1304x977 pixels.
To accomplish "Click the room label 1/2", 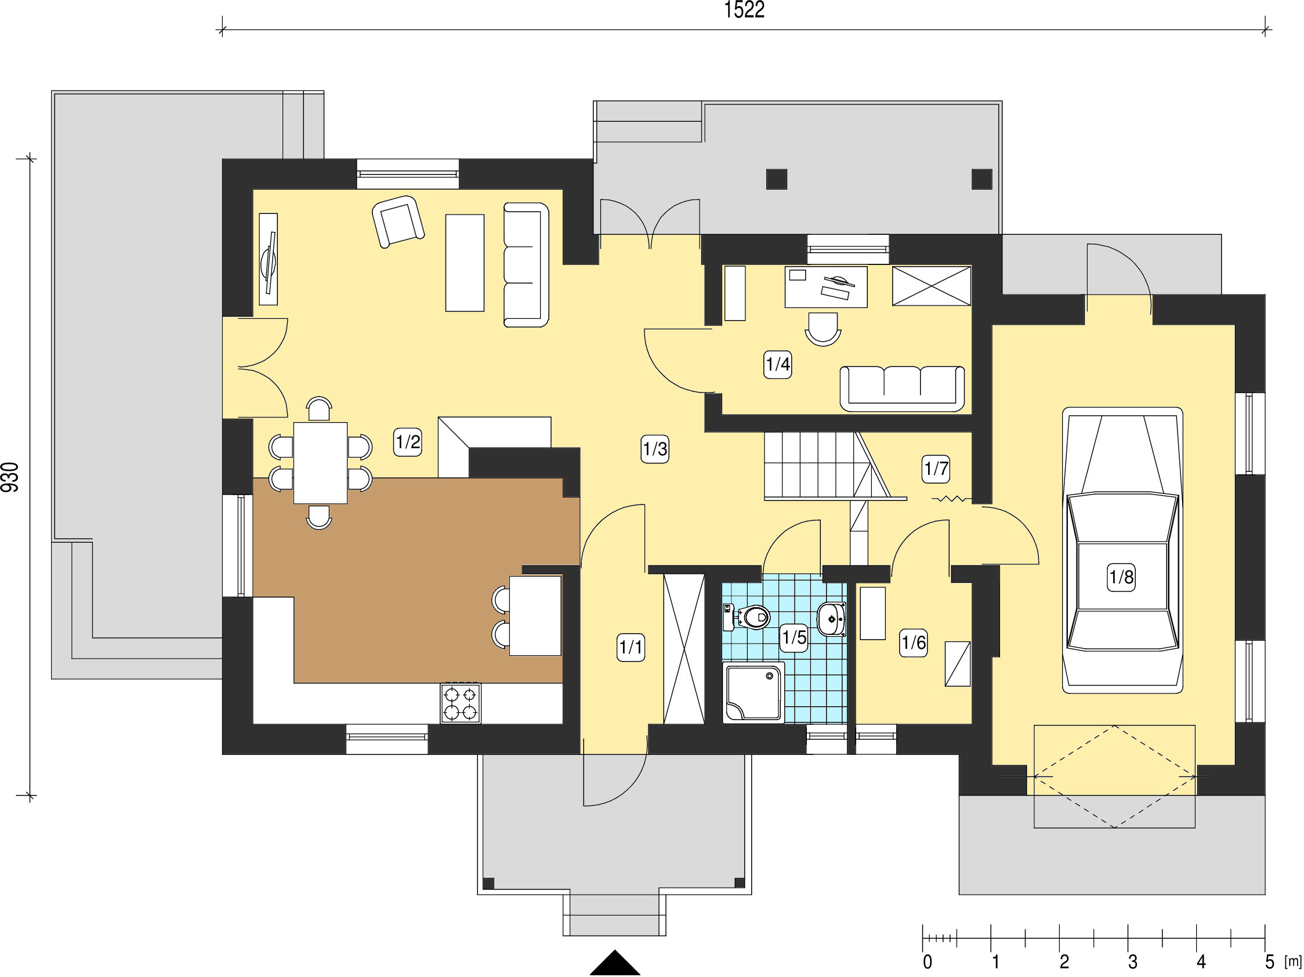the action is pos(407,442).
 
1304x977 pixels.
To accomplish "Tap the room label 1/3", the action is pos(655,449).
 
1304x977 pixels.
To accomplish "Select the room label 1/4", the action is pos(777,364).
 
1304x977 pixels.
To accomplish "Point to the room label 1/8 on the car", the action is pos(1121,577).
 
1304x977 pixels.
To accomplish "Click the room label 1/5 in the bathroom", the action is pos(794,637).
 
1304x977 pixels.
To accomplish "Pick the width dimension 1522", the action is pos(744,10).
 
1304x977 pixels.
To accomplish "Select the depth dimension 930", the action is pos(10,477).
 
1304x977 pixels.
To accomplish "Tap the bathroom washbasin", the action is pos(832,619).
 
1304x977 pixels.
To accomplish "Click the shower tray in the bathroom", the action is pos(754,692).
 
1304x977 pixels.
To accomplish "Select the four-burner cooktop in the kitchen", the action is pos(461,703).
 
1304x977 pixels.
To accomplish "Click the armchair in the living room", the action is pos(399,221).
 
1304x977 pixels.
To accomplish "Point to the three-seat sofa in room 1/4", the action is pos(902,388).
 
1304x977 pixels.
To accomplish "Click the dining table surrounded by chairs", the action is pos(321,463).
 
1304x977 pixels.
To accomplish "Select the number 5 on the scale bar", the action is pos(1269,962).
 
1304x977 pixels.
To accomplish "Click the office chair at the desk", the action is pos(823,329).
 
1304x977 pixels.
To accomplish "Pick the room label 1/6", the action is pos(914,642).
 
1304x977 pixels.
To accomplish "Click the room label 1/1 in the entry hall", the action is pos(631,648).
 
